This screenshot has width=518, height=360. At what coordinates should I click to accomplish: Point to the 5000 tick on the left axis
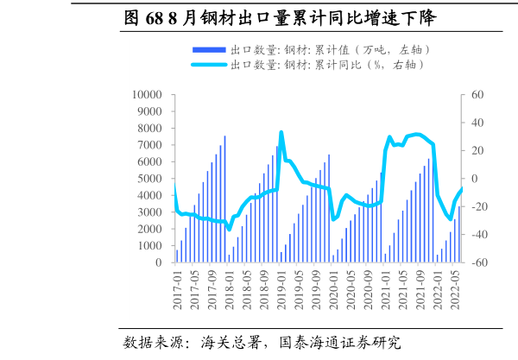tap(150, 179)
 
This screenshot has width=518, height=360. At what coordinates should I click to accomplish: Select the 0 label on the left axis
tap(160, 262)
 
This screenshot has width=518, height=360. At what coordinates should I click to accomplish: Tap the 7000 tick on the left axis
tap(150, 145)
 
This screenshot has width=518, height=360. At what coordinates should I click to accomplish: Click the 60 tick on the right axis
tap(476, 95)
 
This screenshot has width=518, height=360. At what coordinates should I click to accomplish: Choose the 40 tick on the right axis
tap(476, 123)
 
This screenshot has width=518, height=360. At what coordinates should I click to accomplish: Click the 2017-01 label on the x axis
tap(178, 289)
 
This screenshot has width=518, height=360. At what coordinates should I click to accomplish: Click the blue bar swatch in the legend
tap(208, 50)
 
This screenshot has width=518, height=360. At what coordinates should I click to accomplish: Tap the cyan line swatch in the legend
tap(208, 65)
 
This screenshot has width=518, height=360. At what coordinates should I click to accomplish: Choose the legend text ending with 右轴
tap(328, 65)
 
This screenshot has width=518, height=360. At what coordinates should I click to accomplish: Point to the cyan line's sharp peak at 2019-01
tap(281, 133)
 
